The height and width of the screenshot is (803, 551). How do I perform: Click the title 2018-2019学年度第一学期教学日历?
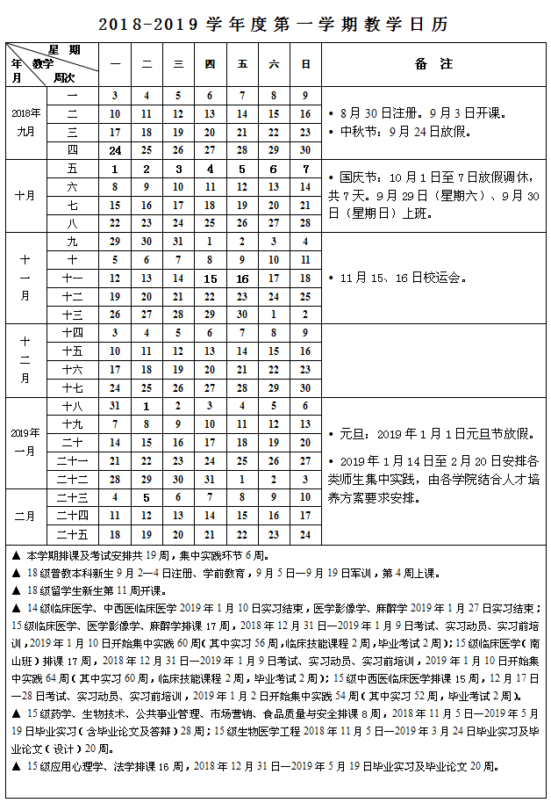pyautogui.click(x=275, y=25)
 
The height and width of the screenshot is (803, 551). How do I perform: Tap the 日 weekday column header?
pyautogui.click(x=305, y=64)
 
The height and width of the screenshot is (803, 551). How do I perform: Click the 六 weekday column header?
pyautogui.click(x=274, y=64)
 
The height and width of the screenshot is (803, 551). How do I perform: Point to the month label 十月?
pyautogui.click(x=25, y=196)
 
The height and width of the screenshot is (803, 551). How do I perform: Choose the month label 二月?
pyautogui.click(x=25, y=516)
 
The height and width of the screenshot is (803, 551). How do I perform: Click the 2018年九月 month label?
pyautogui.click(x=25, y=122)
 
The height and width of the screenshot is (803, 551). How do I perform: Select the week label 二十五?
pyautogui.click(x=72, y=534)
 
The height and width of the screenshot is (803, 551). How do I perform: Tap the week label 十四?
pyautogui.click(x=72, y=333)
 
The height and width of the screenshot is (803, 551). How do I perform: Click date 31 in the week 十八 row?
pyautogui.click(x=114, y=407)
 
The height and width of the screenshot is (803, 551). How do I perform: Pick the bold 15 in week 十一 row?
pyautogui.click(x=210, y=279)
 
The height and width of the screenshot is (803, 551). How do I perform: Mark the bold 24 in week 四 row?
pyautogui.click(x=114, y=150)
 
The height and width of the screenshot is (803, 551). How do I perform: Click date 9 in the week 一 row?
pyautogui.click(x=305, y=95)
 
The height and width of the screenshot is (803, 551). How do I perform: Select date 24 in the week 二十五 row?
pyautogui.click(x=305, y=534)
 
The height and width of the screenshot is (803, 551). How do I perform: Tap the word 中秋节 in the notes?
pyautogui.click(x=356, y=132)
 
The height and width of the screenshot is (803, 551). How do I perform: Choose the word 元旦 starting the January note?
pyautogui.click(x=350, y=434)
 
